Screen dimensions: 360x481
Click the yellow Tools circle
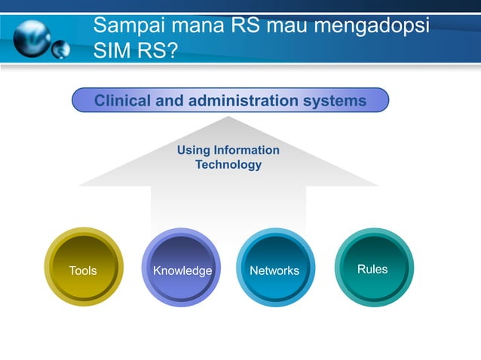point(83,268)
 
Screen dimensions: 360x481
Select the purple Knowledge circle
point(181,268)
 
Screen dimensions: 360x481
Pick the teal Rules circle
point(373,267)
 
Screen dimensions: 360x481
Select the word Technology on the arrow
point(228,164)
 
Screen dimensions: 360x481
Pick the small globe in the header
point(60,50)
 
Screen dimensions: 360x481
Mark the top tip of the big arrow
point(228,117)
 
